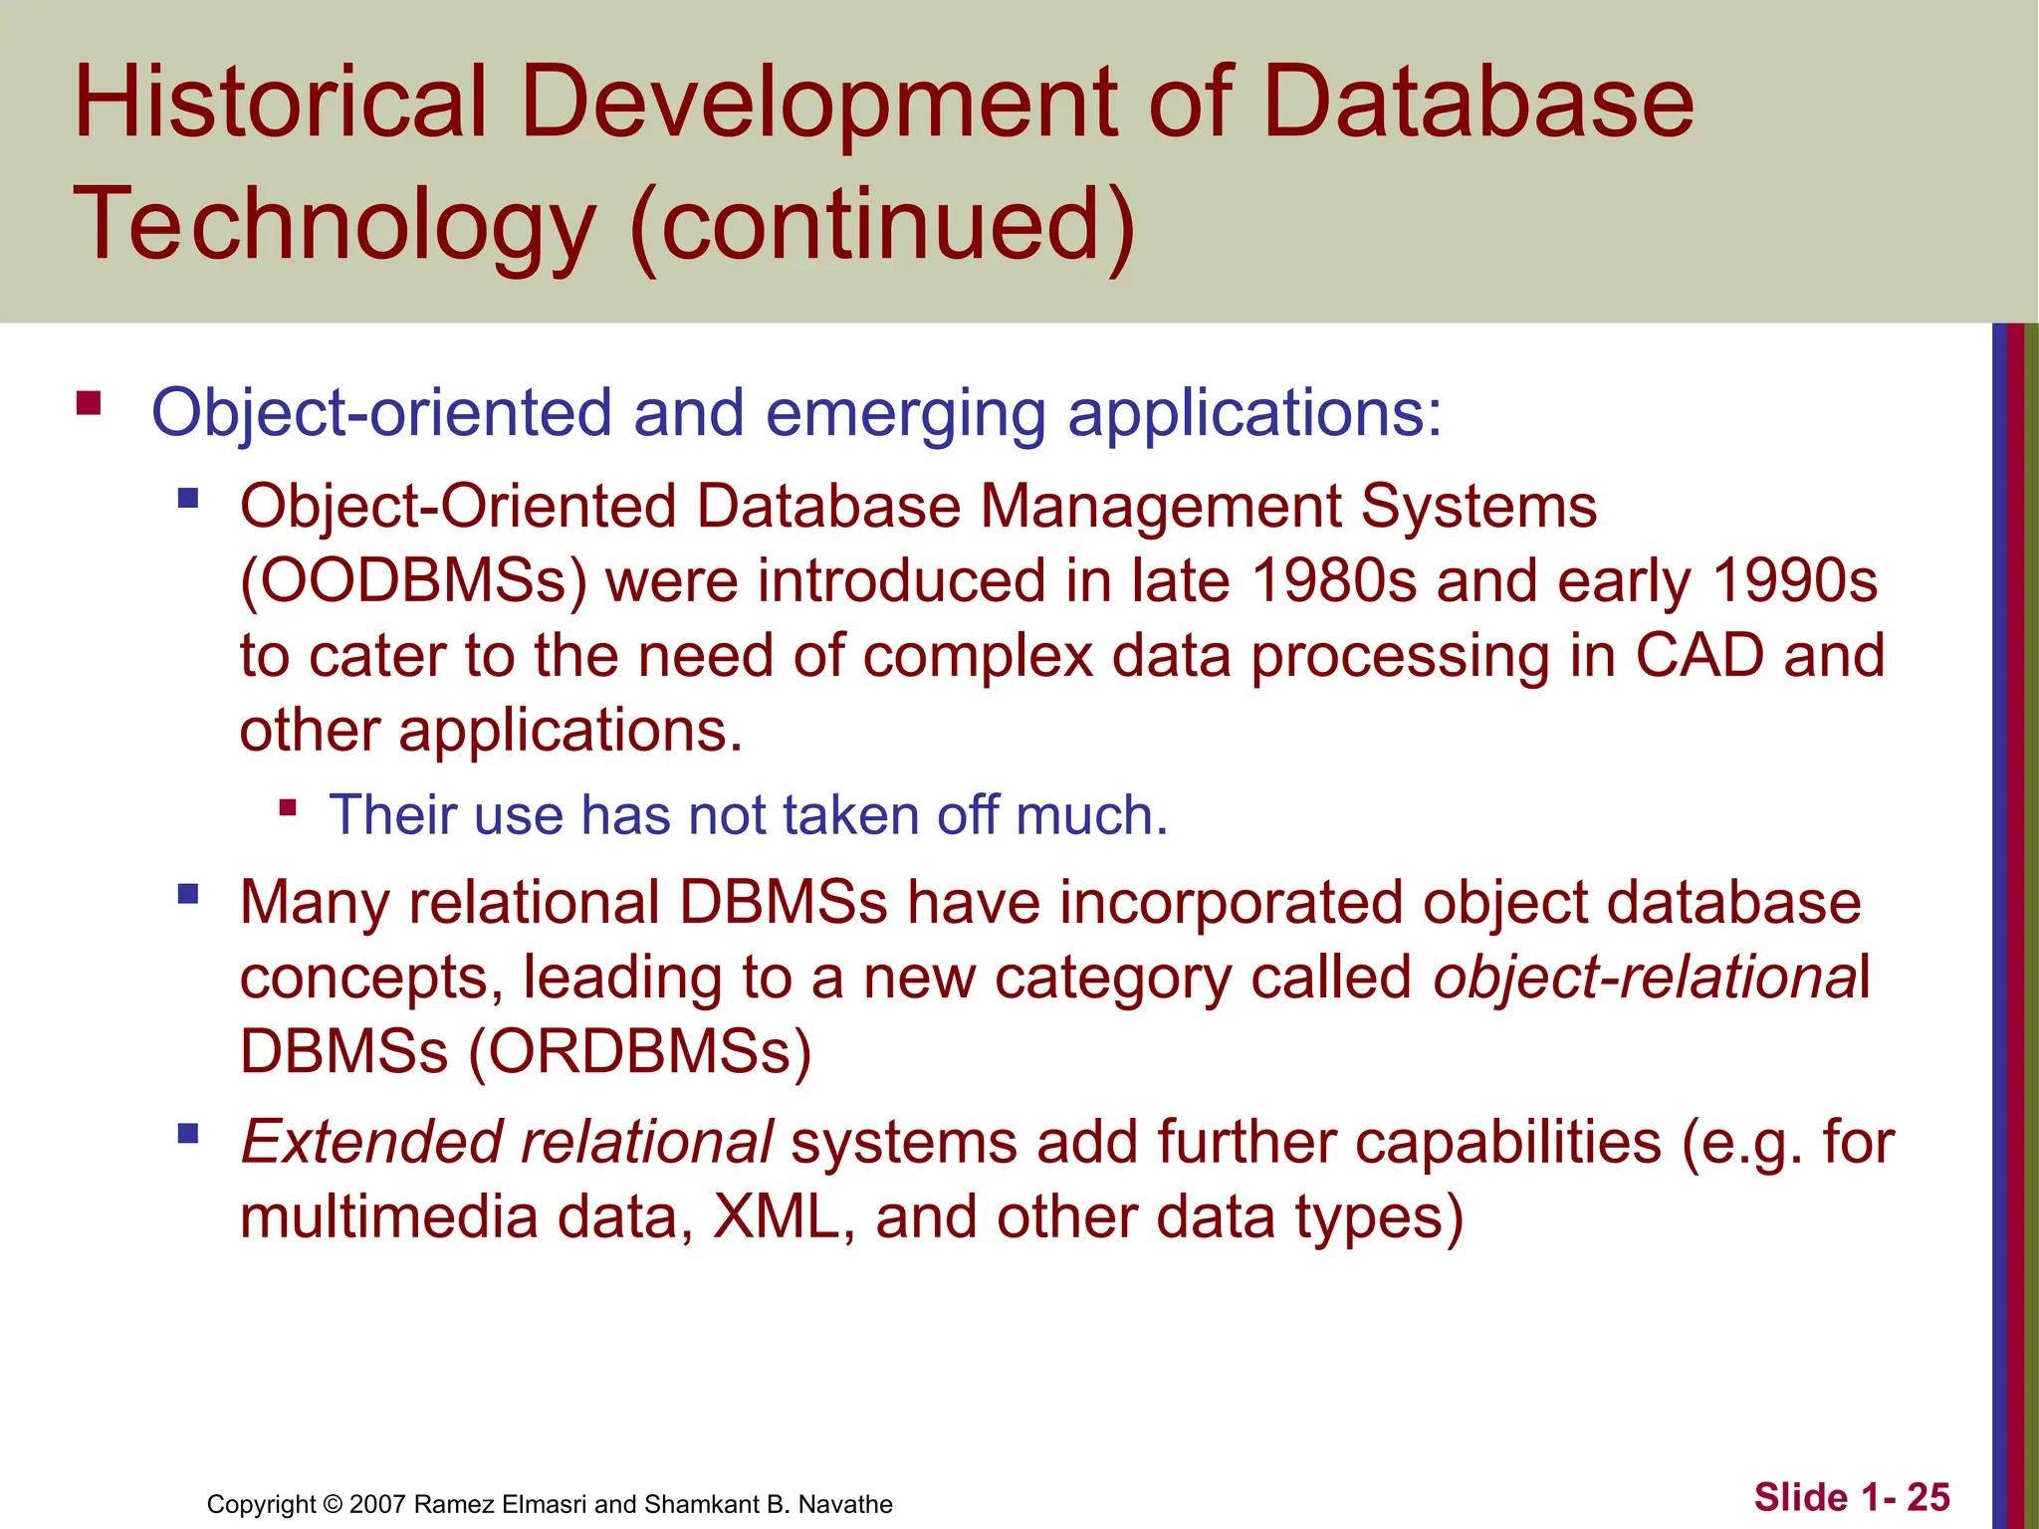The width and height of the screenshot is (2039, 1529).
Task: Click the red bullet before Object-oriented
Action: pyautogui.click(x=89, y=403)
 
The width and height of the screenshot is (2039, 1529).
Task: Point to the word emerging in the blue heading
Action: pyautogui.click(x=905, y=413)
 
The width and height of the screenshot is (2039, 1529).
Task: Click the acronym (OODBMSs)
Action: pyautogui.click(x=414, y=581)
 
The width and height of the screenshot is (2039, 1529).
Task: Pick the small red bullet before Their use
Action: pyautogui.click(x=288, y=807)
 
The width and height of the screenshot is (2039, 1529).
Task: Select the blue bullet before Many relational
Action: pyautogui.click(x=188, y=894)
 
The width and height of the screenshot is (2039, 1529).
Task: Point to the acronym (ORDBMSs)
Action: pyautogui.click(x=640, y=1052)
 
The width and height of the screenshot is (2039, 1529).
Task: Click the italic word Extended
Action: pyautogui.click(x=370, y=1142)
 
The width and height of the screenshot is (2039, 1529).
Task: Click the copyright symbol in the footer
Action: pyautogui.click(x=333, y=1504)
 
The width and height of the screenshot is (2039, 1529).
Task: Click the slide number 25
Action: pyautogui.click(x=1928, y=1497)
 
